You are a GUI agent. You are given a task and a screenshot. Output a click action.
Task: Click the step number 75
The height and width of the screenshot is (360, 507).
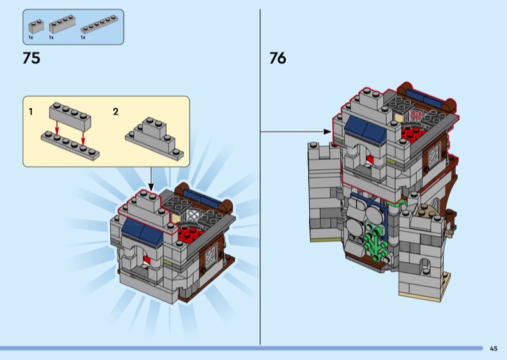pyautogui.click(x=31, y=58)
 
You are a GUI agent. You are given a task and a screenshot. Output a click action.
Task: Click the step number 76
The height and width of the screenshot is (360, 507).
pyautogui.click(x=278, y=58)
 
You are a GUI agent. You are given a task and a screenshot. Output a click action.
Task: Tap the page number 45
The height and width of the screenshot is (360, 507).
pyautogui.click(x=494, y=349)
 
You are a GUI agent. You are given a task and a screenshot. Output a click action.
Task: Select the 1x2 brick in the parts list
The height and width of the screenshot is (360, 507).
pyautogui.click(x=36, y=27)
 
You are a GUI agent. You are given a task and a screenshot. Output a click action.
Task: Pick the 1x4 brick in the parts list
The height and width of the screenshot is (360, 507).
pyautogui.click(x=62, y=24)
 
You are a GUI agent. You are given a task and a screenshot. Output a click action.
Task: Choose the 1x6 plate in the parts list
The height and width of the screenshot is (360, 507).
pyautogui.click(x=99, y=24)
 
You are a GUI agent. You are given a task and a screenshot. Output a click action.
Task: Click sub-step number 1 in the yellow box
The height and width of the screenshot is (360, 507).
pyautogui.click(x=30, y=112)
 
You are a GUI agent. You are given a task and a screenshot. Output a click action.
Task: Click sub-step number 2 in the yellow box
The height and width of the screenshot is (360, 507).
pyautogui.click(x=116, y=112)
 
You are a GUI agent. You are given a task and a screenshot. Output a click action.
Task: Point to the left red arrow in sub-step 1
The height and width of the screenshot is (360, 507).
pyautogui.click(x=57, y=127)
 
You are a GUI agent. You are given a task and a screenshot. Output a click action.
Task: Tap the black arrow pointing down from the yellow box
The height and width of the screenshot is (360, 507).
pyautogui.click(x=151, y=179)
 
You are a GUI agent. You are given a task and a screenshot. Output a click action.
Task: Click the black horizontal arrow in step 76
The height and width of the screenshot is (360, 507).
pyautogui.click(x=296, y=132)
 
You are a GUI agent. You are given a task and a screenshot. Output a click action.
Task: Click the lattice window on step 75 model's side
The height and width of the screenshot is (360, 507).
pyautogui.click(x=211, y=255)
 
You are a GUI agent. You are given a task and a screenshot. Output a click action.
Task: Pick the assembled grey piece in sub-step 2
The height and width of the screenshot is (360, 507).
pyautogui.click(x=154, y=139)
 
